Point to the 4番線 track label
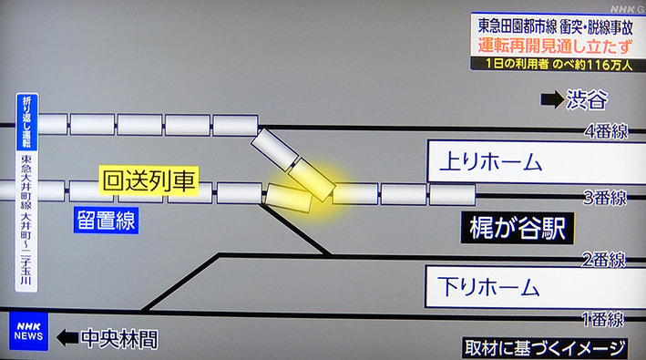pos(605,131)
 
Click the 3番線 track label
pos(605,197)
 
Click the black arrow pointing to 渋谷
pos(550,99)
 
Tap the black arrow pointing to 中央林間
pos(67,339)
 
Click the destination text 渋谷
pos(587,99)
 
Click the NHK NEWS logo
pos(29,332)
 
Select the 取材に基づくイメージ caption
pos(545,347)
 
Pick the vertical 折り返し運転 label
pos(25,122)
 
